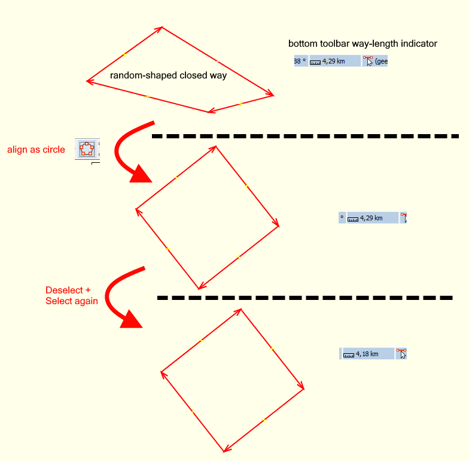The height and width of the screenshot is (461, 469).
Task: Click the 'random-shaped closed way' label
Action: click(168, 76)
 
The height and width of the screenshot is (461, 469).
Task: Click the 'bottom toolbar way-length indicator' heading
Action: click(363, 44)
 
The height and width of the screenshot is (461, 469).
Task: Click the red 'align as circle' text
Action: click(36, 150)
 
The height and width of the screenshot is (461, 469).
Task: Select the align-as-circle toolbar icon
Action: click(87, 148)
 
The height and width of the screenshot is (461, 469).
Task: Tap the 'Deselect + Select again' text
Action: click(71, 296)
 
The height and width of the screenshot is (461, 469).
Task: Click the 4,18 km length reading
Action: click(367, 354)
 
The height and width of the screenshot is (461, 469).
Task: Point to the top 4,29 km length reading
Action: click(333, 61)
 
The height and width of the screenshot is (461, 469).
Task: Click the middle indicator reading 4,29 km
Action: click(371, 218)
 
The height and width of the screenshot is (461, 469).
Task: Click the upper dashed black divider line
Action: click(305, 137)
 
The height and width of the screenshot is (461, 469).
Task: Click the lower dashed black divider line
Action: click(305, 298)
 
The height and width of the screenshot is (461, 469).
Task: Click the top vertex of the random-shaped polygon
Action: click(162, 27)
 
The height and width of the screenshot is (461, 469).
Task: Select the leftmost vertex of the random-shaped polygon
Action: click(87, 81)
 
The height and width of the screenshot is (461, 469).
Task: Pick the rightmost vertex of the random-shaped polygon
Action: click(273, 95)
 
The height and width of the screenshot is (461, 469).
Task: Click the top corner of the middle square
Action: click(216, 146)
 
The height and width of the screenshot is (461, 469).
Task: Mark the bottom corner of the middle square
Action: click(199, 289)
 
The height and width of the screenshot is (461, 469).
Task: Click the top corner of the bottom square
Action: click(241, 309)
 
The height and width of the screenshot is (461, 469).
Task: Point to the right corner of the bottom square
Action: click(304, 389)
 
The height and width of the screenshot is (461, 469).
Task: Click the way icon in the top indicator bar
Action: click(368, 61)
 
